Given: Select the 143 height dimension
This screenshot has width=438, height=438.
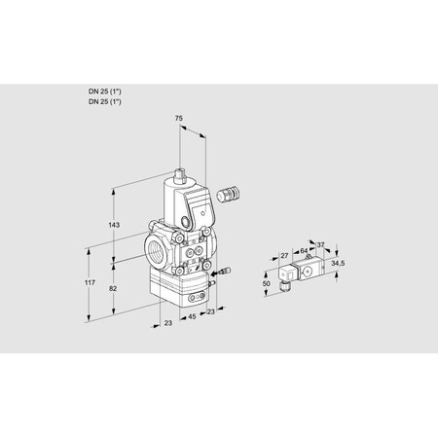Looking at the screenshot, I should click(115, 225).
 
